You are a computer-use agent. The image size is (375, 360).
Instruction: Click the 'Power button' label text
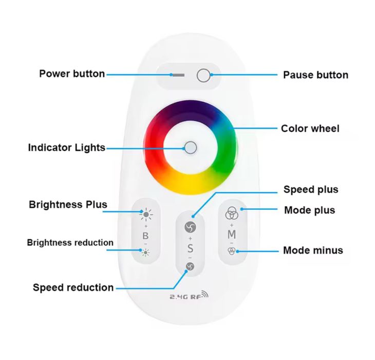[72, 74]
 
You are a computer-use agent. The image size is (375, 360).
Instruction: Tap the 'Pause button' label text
[315, 75]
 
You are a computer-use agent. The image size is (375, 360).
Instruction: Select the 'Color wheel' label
[310, 128]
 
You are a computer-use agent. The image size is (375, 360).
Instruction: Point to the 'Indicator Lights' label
[66, 148]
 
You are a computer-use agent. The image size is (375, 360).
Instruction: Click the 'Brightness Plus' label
[68, 205]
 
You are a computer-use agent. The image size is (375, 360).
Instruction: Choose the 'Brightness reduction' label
[70, 242]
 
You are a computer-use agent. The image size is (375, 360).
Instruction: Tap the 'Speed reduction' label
[73, 287]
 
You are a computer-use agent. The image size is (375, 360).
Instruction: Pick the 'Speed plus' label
[311, 190]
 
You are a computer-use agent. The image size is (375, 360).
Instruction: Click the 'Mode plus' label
[309, 210]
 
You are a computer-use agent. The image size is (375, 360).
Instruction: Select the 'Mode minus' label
[313, 250]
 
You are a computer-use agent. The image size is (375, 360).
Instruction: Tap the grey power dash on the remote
[178, 75]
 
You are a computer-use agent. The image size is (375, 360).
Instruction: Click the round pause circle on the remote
[203, 76]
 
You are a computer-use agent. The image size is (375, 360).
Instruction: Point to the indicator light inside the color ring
[191, 148]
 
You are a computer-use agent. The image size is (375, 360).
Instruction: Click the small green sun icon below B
[146, 252]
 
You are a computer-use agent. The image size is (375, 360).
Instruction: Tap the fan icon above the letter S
[190, 227]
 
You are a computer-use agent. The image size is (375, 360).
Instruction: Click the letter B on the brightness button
[146, 236]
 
